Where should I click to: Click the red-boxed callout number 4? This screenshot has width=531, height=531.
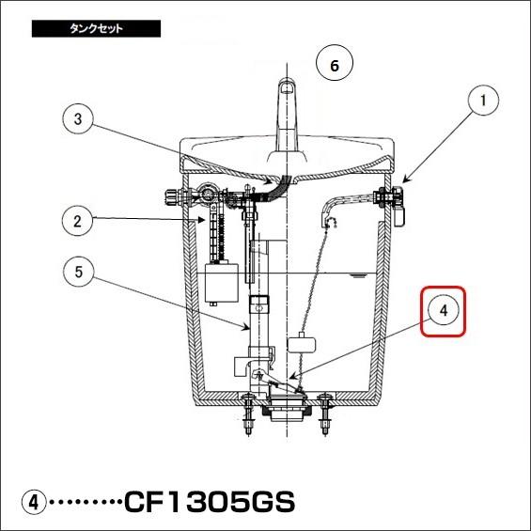444,311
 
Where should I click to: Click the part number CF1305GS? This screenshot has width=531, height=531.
210,502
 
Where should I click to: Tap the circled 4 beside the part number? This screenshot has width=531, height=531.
34,502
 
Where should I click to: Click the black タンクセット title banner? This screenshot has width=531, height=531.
96,28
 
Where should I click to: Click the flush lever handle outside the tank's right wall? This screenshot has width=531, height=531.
398,207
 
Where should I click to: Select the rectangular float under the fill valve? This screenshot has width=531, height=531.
222,283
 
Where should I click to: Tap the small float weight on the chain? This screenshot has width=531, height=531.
302,344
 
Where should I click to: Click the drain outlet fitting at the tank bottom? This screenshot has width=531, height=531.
288,408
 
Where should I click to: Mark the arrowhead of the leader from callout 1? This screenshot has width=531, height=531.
406,180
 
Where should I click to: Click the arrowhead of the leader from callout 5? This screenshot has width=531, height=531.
247,327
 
